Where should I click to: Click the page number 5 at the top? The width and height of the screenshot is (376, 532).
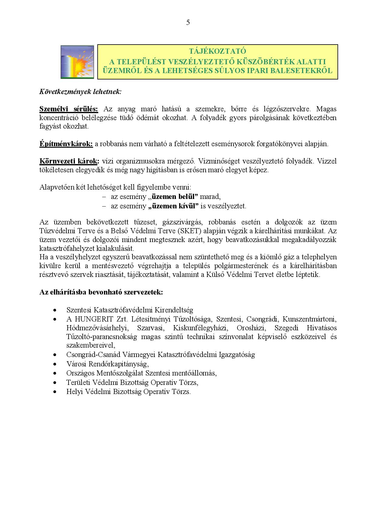[x=188, y=22]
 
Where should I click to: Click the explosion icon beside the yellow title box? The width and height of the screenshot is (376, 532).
[x=77, y=62]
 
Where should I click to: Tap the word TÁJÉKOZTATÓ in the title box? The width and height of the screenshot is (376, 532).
[x=217, y=51]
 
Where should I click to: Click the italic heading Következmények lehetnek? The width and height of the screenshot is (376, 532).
[x=80, y=92]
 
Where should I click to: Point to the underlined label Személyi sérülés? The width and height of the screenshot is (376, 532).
[x=69, y=109]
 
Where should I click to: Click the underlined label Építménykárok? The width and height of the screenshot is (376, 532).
[x=66, y=144]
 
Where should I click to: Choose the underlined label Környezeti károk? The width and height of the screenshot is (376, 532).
[x=69, y=161]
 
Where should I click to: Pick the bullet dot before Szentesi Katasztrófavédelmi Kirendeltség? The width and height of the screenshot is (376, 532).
[x=55, y=310]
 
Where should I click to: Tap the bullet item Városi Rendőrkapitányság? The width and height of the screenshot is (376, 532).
[x=108, y=364]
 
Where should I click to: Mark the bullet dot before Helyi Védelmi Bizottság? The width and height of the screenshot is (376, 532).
[x=55, y=391]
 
